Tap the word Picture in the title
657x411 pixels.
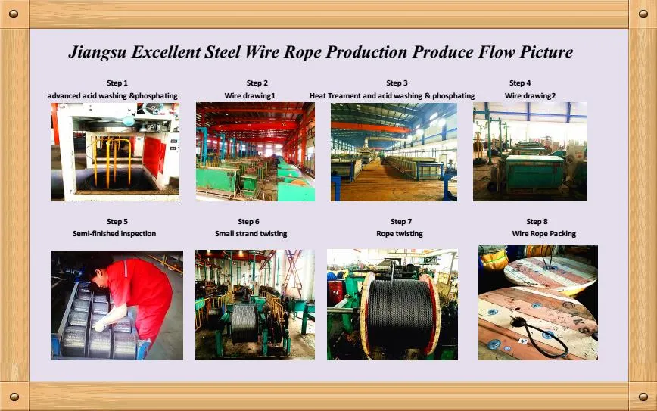546,51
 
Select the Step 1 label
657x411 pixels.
117,83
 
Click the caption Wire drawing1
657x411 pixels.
250,96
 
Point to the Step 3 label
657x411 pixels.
397,83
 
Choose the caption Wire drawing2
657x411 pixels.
530,96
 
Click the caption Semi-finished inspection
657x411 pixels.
114,233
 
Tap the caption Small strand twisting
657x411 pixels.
251,233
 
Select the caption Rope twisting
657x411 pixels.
400,233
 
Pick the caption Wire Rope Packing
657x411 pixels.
544,233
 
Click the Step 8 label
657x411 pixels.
537,221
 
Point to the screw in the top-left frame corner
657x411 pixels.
14,14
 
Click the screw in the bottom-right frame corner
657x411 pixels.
643,397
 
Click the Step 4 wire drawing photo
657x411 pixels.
530,151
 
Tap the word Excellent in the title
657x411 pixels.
166,52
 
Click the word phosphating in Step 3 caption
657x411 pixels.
453,96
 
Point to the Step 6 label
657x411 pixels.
248,221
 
